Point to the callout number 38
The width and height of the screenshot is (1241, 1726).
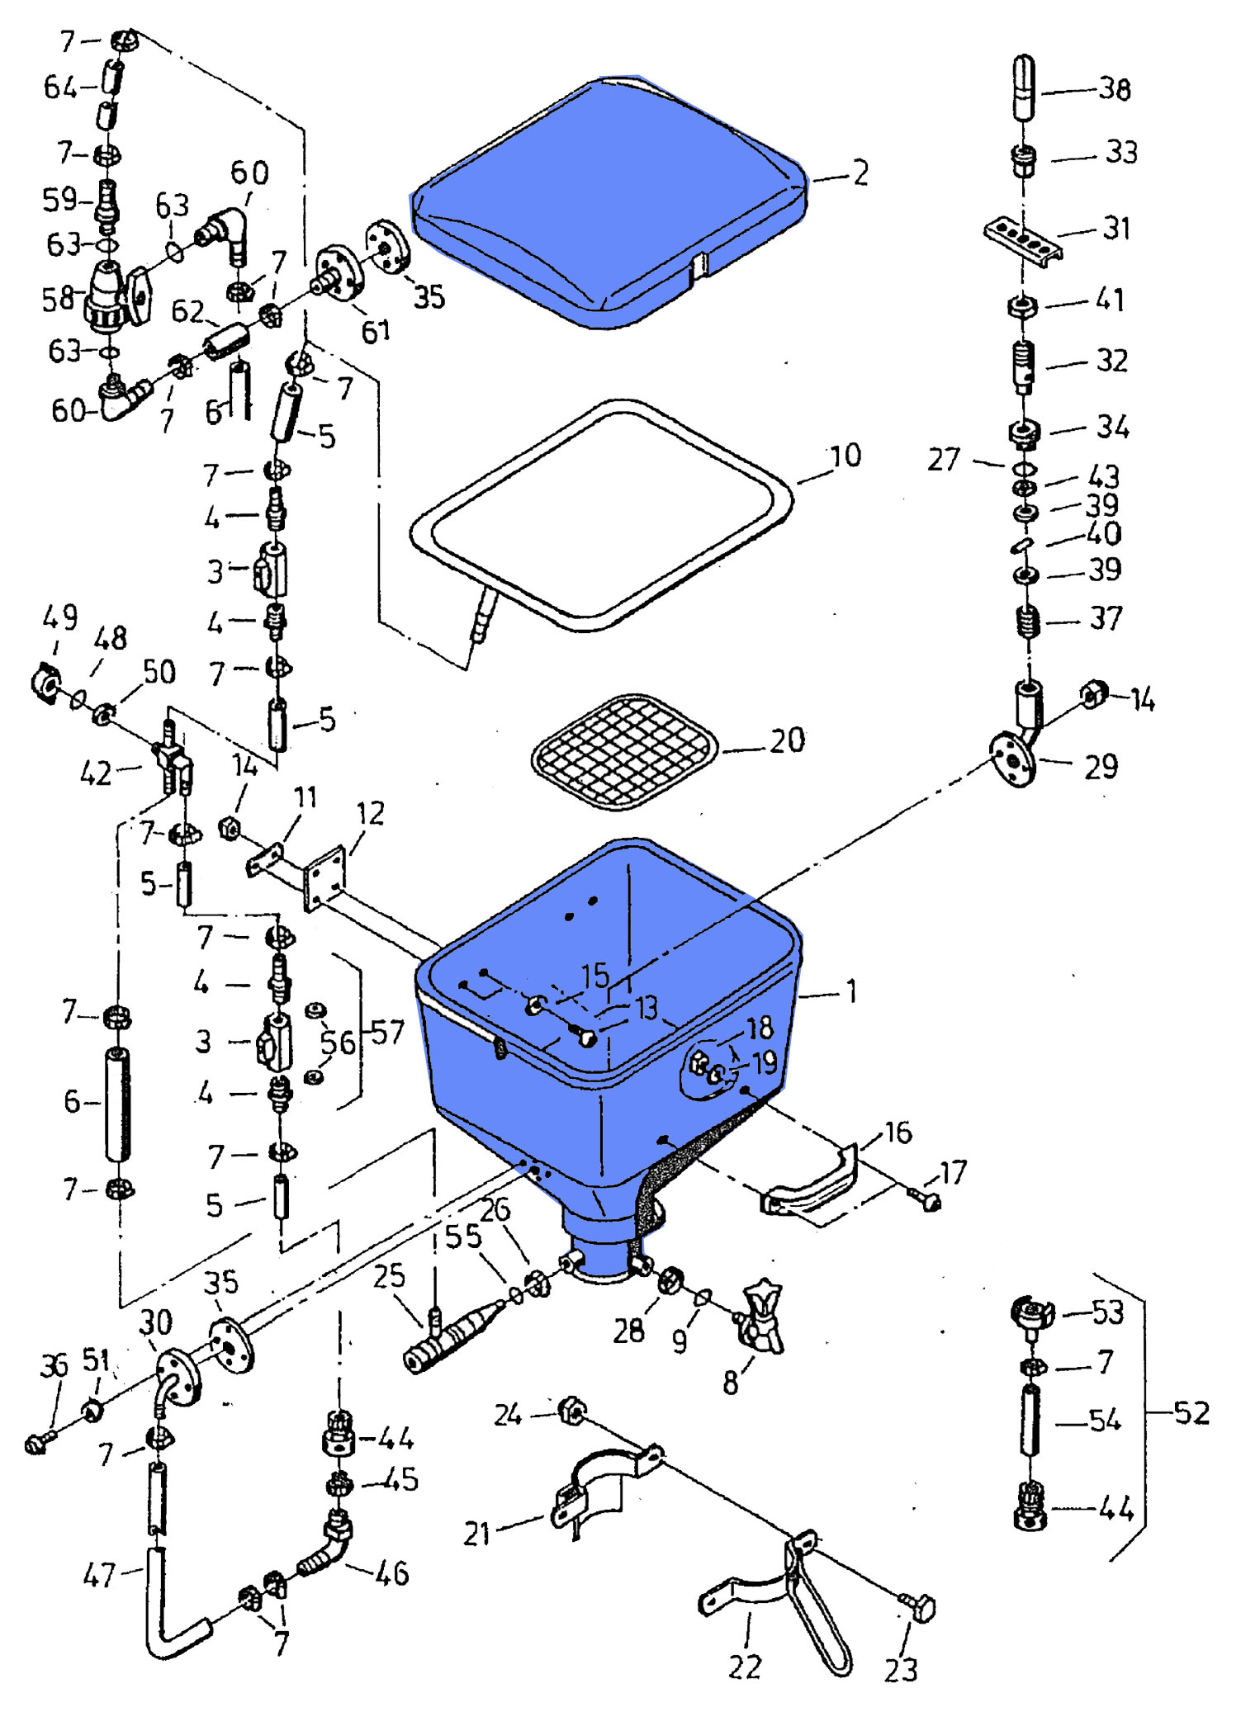click(1114, 89)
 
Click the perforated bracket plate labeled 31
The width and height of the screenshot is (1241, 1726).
click(1022, 238)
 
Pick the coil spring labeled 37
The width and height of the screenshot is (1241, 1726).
click(1027, 621)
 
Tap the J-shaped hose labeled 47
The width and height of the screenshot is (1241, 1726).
click(165, 1610)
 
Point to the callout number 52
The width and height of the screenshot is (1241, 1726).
click(1191, 1413)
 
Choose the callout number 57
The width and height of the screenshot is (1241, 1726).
click(387, 1032)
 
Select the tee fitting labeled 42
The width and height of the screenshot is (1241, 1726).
click(172, 758)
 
